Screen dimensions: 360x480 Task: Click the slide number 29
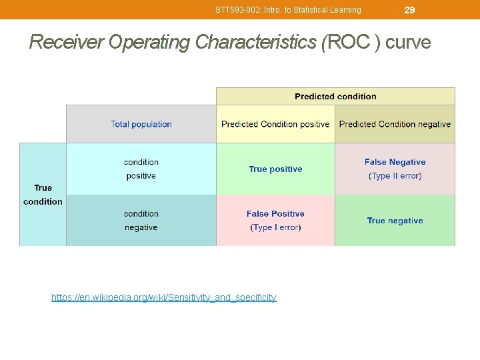tap(410, 10)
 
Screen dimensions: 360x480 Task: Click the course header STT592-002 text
tap(288, 10)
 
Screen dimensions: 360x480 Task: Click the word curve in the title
tap(408, 43)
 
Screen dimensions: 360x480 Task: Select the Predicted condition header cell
tap(335, 97)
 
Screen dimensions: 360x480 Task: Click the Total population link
tap(141, 124)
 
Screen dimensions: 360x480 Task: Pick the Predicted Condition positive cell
tap(275, 124)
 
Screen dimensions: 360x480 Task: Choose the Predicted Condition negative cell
tap(395, 124)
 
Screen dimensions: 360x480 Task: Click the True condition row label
tap(43, 195)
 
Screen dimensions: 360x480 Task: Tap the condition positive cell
tap(141, 169)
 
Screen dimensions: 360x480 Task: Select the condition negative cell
tap(141, 221)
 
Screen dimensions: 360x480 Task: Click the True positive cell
tap(275, 169)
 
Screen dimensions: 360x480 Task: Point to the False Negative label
tap(395, 162)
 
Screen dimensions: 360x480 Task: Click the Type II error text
tap(395, 176)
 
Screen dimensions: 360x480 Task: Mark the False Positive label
tap(275, 214)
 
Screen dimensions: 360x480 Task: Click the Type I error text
tap(275, 228)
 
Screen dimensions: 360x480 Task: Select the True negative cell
tap(395, 221)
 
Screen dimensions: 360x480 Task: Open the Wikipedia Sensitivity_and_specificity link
tap(163, 297)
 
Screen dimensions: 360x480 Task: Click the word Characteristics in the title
tap(255, 43)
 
